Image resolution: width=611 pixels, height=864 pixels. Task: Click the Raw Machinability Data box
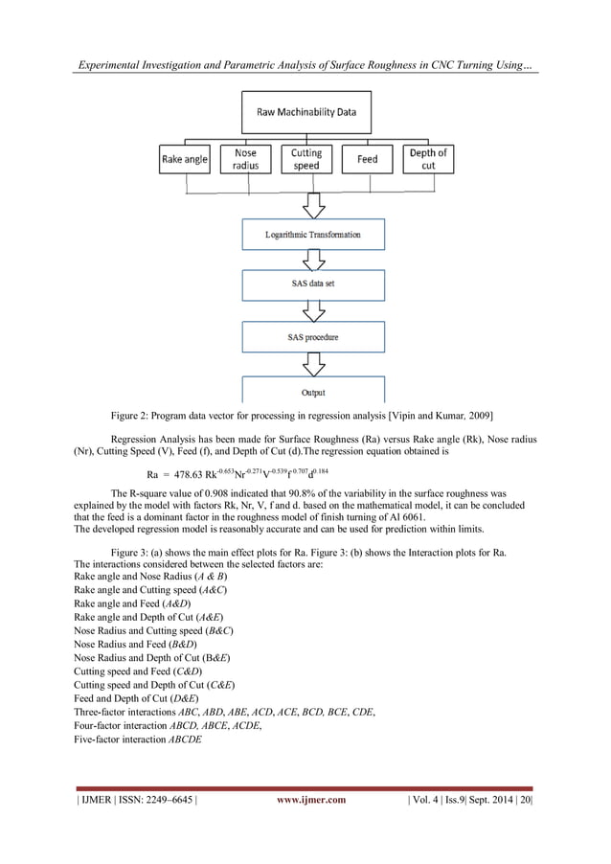(305, 112)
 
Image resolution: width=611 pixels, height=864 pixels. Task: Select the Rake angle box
(185, 159)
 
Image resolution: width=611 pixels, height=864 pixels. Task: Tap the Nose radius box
(245, 159)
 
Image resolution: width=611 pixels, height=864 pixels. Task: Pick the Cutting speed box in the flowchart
(305, 159)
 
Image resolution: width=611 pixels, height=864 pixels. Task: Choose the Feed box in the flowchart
(367, 159)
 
